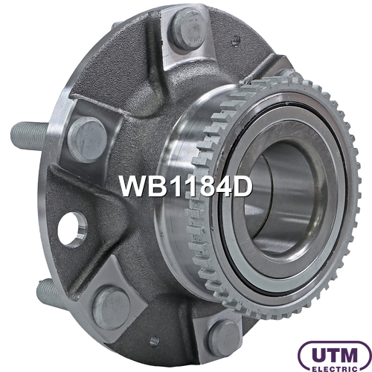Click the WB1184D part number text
pos(185,186)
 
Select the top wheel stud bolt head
pos(188,29)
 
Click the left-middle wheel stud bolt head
pos(87,139)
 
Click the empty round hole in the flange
pos(72,230)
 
